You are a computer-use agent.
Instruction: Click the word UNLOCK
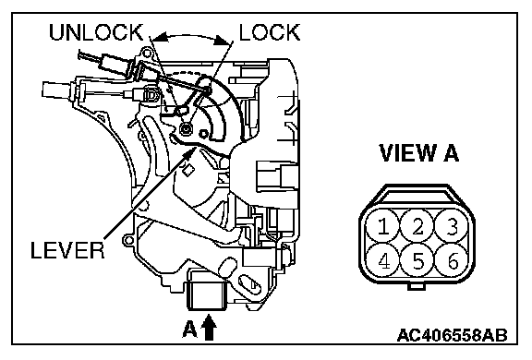point(96,32)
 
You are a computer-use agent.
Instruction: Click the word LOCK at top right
point(270,32)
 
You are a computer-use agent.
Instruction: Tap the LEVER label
point(67,250)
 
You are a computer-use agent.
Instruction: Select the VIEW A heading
point(418,153)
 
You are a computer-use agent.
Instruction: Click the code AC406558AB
point(453,335)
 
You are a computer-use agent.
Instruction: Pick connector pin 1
point(383,226)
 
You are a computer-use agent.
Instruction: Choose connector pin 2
point(417,226)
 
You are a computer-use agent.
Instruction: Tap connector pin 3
point(452,226)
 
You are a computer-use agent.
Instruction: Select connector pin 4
point(383,260)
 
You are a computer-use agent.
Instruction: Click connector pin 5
point(417,260)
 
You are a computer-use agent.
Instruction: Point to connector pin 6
point(452,260)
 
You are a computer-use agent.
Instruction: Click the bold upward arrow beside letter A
point(209,328)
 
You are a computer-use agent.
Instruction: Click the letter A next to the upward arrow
point(189,330)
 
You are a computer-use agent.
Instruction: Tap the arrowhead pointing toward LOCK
point(223,41)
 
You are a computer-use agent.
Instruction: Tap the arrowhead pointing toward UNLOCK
point(161,37)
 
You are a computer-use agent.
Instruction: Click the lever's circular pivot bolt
point(186,128)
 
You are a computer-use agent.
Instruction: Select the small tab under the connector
point(417,287)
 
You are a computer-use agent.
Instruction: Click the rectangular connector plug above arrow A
point(207,294)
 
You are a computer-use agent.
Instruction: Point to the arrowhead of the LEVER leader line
point(190,153)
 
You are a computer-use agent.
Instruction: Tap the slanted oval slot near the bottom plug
point(249,283)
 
